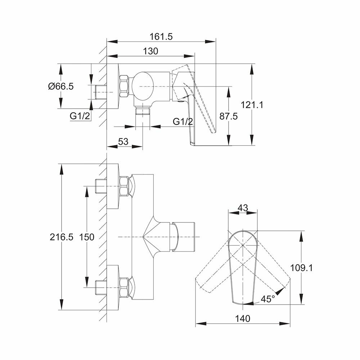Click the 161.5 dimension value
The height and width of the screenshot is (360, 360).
[161, 37]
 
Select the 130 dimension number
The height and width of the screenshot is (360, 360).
[150, 51]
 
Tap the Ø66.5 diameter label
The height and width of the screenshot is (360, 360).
[61, 86]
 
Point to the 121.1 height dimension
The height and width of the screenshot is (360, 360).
[252, 105]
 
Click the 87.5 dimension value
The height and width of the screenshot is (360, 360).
[229, 116]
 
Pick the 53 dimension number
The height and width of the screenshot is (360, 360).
[123, 141]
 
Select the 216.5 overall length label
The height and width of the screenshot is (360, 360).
[62, 237]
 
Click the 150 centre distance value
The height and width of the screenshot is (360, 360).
[87, 237]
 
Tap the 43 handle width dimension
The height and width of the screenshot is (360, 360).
[243, 208]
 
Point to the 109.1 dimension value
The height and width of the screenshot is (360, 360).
[301, 268]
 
